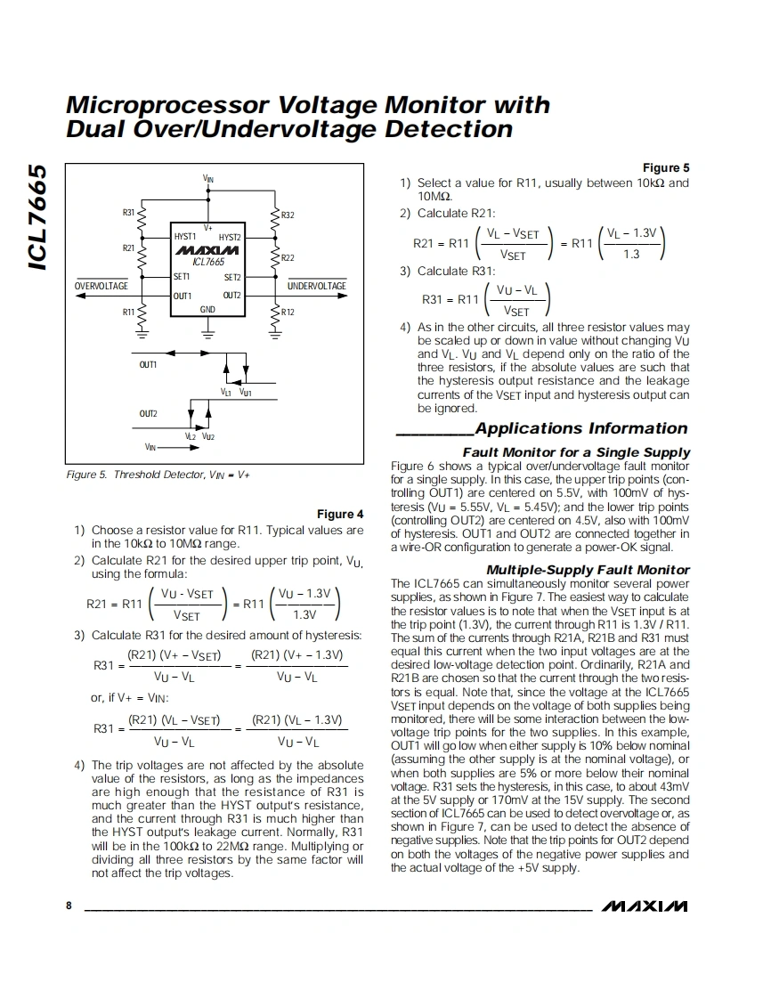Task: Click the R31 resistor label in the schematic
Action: [128, 213]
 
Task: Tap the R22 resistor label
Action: [288, 257]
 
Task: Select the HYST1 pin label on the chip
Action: [185, 237]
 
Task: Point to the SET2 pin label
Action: [231, 277]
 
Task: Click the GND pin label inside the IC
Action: [207, 309]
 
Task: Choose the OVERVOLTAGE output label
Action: [101, 286]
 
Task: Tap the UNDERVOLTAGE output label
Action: [317, 286]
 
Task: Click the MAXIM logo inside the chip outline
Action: [207, 251]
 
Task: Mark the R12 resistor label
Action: [288, 313]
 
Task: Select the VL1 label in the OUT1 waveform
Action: [226, 392]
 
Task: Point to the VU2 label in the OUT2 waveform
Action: [207, 436]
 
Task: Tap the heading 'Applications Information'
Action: [581, 428]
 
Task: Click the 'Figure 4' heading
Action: [340, 514]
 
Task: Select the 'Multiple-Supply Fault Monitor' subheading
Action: [588, 570]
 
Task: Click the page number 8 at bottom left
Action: [69, 906]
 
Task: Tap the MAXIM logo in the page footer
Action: [645, 906]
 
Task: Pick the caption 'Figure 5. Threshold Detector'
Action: [158, 475]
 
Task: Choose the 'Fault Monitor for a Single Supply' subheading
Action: [576, 452]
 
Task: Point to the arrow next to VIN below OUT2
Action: [186, 447]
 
